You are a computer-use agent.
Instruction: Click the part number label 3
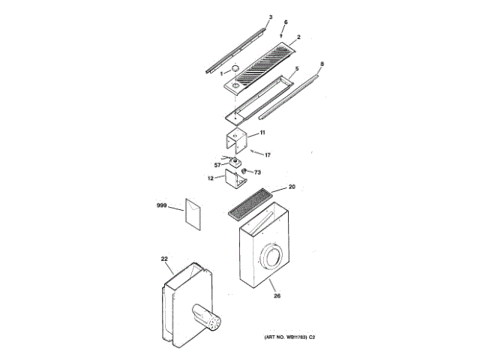(x=270, y=16)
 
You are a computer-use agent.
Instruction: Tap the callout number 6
(x=285, y=23)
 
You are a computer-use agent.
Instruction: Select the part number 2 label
(x=298, y=37)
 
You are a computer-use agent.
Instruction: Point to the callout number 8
(x=322, y=64)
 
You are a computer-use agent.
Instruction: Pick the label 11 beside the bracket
(x=262, y=132)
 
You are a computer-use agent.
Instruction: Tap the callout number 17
(x=267, y=154)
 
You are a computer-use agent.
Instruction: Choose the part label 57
(x=217, y=164)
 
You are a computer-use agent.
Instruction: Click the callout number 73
(x=257, y=172)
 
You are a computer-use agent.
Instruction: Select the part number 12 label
(x=211, y=178)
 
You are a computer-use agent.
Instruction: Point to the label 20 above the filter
(x=292, y=187)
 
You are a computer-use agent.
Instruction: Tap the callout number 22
(x=164, y=259)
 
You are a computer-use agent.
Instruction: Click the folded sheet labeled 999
(x=193, y=213)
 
